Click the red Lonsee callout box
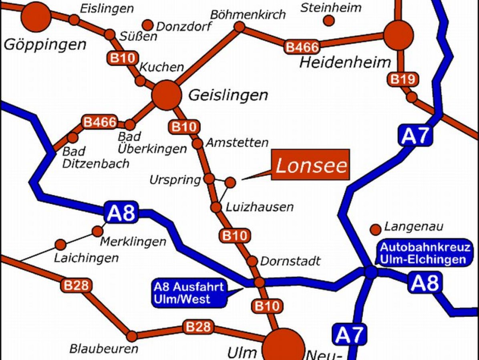311,165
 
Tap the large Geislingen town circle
166,95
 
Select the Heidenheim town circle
398,35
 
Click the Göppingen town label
45,44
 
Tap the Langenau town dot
375,229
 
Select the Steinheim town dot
329,20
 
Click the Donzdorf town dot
148,25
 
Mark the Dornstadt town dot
252,261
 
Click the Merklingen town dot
97,231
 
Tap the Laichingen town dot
60,244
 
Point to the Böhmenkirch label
248,15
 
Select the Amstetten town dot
197,144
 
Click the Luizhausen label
260,207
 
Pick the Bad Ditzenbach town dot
72,138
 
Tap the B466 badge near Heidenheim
302,47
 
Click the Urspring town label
175,180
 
